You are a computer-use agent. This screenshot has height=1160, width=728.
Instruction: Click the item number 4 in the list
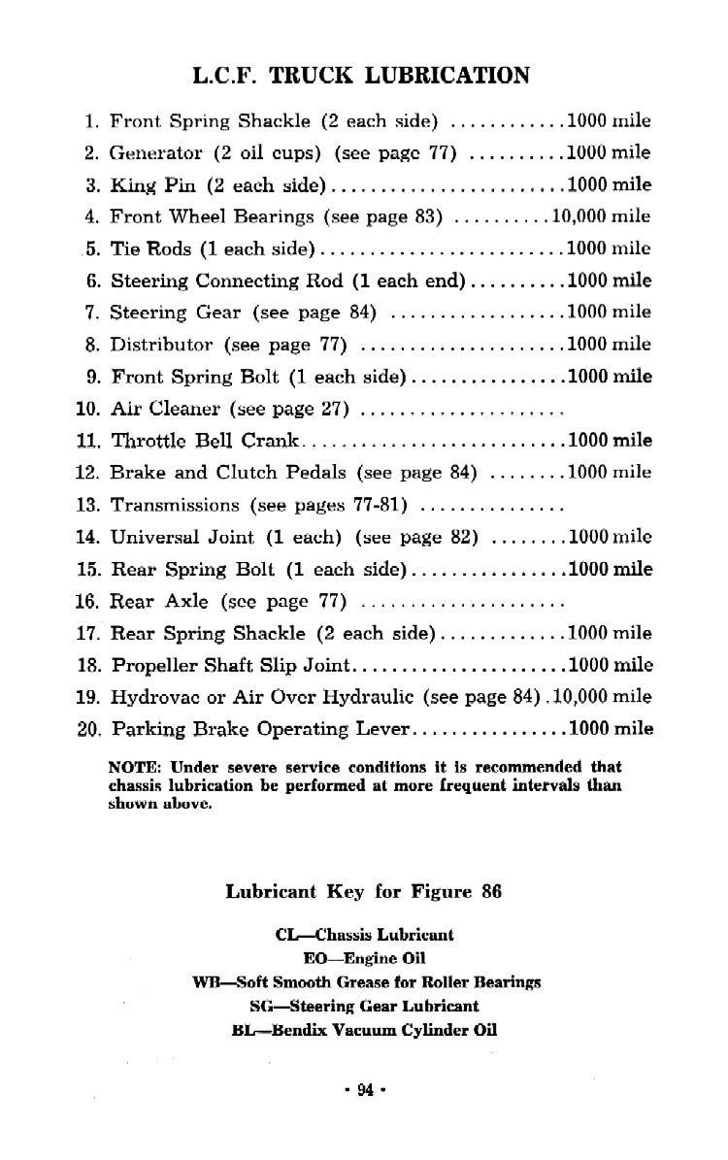(93, 216)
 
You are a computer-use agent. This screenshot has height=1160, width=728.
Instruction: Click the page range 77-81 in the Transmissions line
(381, 505)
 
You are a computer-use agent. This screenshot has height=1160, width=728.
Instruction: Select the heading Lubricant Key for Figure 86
(363, 891)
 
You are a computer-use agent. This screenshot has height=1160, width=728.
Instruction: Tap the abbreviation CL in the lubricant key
(286, 936)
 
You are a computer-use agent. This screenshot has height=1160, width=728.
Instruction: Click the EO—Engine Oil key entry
(364, 959)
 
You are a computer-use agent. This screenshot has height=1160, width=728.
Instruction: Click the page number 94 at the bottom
(365, 1089)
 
